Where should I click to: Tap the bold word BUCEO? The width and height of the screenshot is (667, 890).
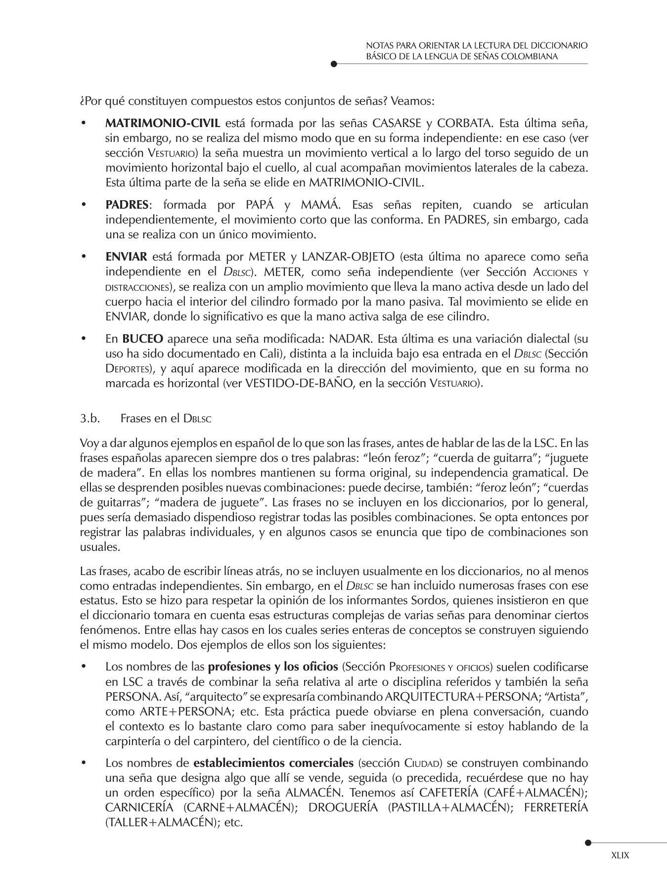click(x=142, y=339)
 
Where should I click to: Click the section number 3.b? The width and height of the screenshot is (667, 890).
click(x=90, y=418)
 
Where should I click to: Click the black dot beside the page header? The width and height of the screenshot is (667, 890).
click(x=334, y=64)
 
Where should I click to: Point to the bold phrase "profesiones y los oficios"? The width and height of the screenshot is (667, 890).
click(x=273, y=667)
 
